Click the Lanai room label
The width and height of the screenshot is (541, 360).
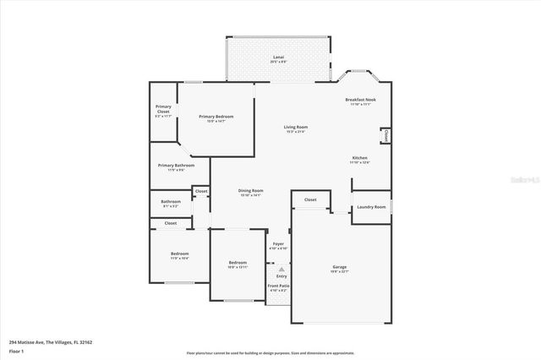click(278, 57)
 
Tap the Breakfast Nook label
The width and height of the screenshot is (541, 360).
click(360, 100)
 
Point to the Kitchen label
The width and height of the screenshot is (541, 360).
click(360, 158)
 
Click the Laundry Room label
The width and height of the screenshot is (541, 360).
click(371, 207)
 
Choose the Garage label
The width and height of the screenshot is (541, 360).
click(339, 267)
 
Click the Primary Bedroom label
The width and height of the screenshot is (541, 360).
click(216, 117)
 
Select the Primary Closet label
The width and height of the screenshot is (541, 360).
click(163, 109)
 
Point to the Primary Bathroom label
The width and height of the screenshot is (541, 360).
click(172, 166)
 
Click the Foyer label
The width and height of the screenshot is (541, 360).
click(278, 244)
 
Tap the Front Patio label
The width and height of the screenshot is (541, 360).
click(279, 286)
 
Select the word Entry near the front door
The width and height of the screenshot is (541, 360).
click(281, 275)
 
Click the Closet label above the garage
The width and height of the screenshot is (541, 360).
click(310, 200)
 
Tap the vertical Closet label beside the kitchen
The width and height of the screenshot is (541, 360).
click(386, 135)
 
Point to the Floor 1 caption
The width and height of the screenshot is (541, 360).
click(16, 350)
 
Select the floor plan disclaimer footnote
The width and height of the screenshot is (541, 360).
click(270, 352)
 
